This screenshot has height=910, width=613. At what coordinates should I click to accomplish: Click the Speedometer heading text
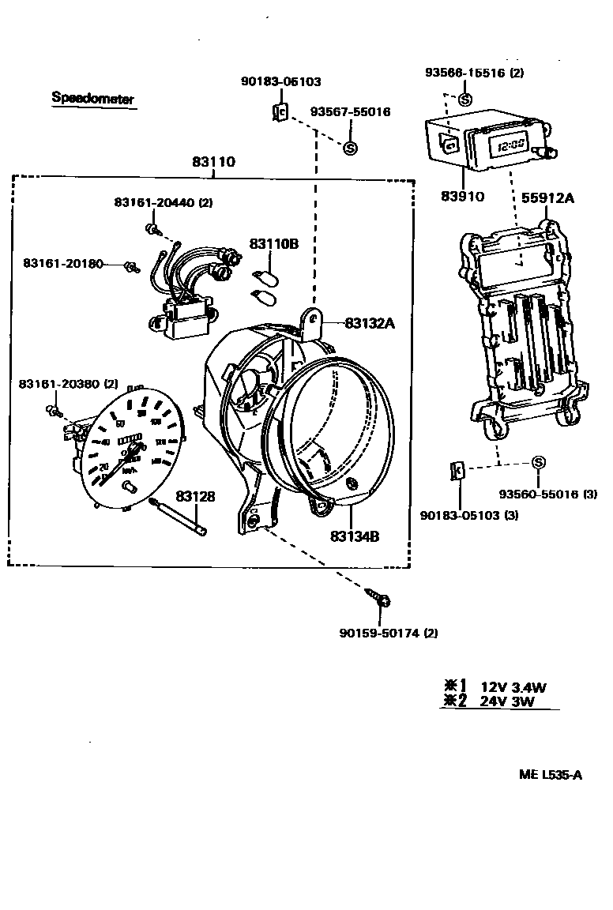tap(92, 99)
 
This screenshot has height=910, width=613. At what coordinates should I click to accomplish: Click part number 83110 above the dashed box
tap(213, 162)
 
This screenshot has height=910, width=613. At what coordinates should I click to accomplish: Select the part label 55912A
tap(547, 198)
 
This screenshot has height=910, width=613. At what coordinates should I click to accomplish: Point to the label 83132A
tap(368, 322)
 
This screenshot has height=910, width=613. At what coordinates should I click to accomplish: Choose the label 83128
tap(195, 496)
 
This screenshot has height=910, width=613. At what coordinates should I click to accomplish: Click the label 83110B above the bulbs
tap(274, 244)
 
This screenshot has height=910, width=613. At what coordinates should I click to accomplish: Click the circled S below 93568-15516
tap(464, 100)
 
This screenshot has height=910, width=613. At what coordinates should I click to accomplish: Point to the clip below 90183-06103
tap(279, 113)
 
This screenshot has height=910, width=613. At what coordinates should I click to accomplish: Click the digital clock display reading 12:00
tap(508, 145)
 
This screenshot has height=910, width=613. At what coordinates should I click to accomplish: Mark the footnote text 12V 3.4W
tap(513, 687)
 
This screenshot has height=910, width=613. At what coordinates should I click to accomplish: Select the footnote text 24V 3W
tap(508, 701)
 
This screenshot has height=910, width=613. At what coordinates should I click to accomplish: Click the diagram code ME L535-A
tap(551, 775)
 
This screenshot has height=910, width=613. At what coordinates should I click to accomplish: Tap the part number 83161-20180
tap(63, 263)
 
